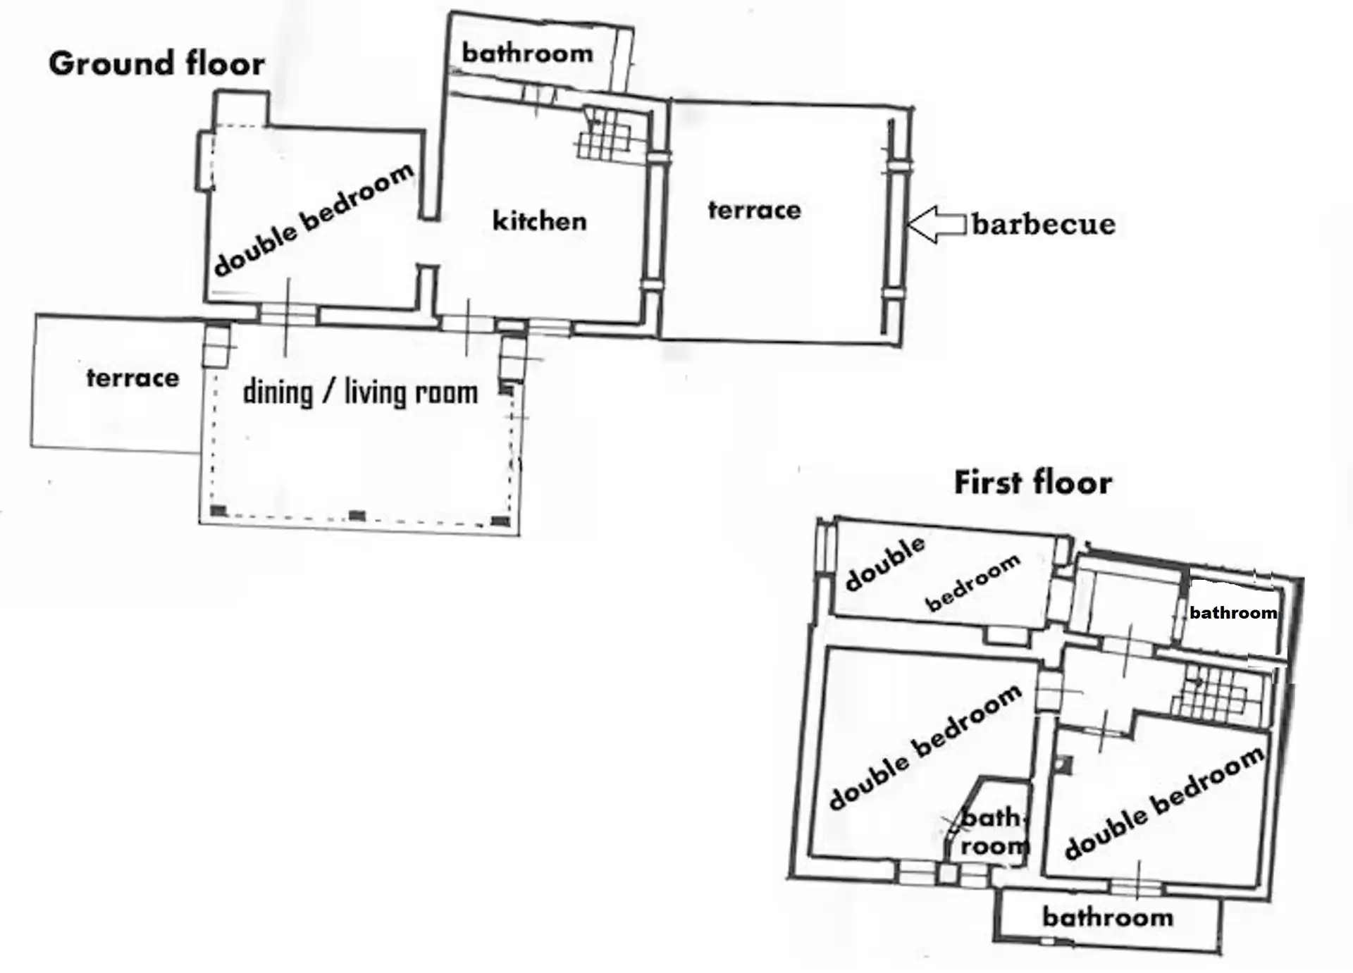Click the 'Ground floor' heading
click(156, 63)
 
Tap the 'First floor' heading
click(1033, 483)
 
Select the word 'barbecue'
click(1044, 224)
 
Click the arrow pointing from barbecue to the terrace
click(936, 225)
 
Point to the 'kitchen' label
click(539, 221)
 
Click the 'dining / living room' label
click(360, 392)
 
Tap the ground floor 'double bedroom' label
click(313, 220)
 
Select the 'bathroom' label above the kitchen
click(527, 53)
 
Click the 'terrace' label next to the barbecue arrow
click(754, 210)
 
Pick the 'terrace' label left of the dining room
click(132, 378)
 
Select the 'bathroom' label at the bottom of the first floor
click(1108, 917)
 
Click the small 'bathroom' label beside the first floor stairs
click(1233, 612)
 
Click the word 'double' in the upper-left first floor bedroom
click(885, 563)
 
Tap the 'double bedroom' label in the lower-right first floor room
click(1164, 802)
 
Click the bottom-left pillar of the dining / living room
click(218, 510)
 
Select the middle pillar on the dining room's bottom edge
click(357, 516)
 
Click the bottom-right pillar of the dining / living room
click(500, 521)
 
